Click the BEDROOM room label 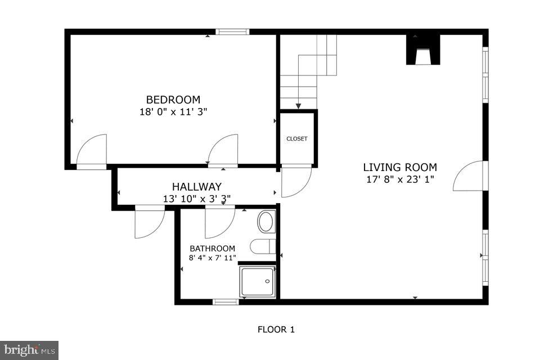tap(173, 100)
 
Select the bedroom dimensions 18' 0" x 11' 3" tap(173, 111)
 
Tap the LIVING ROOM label tap(399, 167)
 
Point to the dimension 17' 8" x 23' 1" tap(399, 179)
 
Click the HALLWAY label tap(196, 186)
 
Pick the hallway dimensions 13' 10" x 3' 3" tap(196, 198)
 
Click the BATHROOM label tap(212, 248)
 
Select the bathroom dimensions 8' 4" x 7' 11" tap(212, 258)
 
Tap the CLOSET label tap(297, 138)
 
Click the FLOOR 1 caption tap(276, 330)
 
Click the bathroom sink tap(267, 221)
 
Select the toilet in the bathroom tap(262, 246)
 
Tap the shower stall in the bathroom tap(257, 281)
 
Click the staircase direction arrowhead tap(298, 105)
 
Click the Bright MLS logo tap(29, 350)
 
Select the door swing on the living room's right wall tap(468, 176)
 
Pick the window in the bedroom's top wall tap(232, 31)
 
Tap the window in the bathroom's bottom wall tap(226, 302)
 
